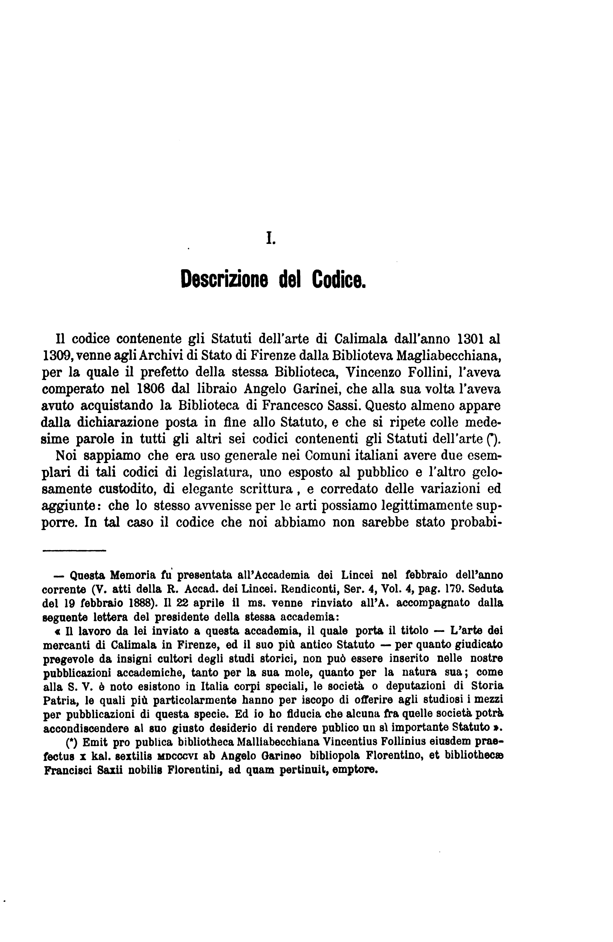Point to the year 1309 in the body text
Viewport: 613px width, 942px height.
click(57, 356)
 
